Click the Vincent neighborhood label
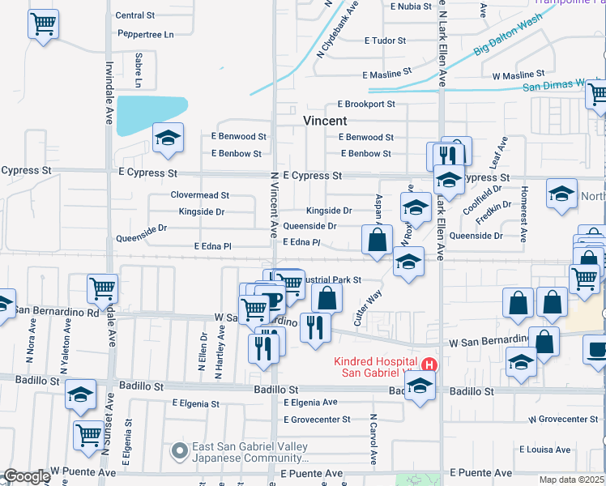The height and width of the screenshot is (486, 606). [x=325, y=120]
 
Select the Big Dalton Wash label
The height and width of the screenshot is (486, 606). [x=507, y=39]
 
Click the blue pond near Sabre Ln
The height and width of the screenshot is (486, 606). [x=151, y=114]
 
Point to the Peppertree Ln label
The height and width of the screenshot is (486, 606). [x=146, y=35]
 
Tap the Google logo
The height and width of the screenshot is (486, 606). [x=27, y=476]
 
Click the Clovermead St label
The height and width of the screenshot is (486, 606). [x=200, y=195]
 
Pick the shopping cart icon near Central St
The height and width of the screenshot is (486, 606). [x=44, y=24]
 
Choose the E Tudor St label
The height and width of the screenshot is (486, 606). [x=384, y=40]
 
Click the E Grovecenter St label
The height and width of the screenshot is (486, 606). [x=318, y=420]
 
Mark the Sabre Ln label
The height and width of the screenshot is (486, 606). [x=139, y=70]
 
